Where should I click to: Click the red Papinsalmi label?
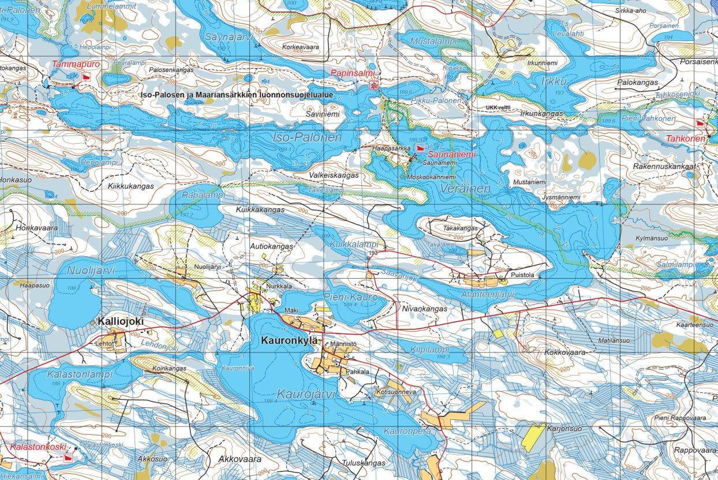352,74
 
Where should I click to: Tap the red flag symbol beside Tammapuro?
87,76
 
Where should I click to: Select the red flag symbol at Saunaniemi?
419,148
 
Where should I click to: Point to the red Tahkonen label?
685,139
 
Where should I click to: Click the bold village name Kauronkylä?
289,340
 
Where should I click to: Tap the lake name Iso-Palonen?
306,138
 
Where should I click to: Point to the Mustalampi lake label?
433,42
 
